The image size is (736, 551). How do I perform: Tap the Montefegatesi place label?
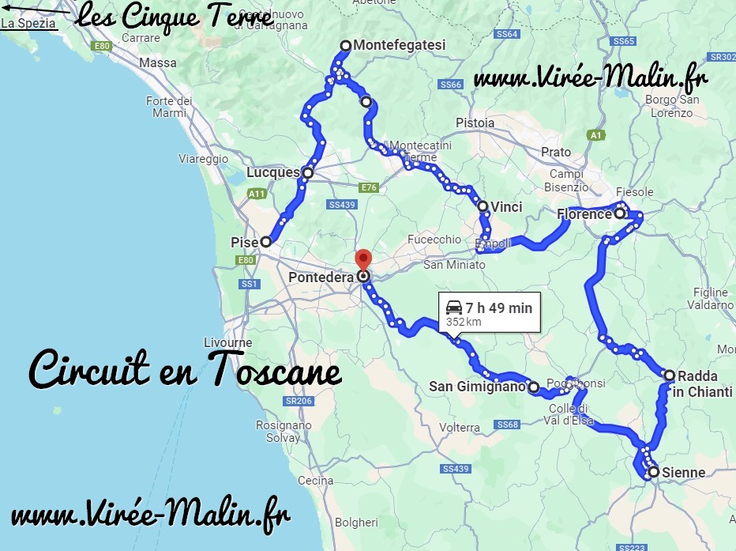[x=399, y=45]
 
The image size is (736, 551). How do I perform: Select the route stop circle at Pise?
[x=266, y=242]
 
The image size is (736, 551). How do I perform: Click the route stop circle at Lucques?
[x=307, y=173]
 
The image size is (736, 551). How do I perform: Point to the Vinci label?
[x=506, y=207]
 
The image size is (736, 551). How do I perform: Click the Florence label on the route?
[x=584, y=214]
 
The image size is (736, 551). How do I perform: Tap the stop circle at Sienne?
[x=654, y=473]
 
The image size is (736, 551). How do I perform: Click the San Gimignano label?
[x=477, y=387]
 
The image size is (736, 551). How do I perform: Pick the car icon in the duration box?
[x=454, y=308]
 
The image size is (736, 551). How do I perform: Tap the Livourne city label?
[x=227, y=342]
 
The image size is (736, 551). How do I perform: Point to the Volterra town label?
[x=460, y=428]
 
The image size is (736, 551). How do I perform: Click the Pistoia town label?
[x=475, y=123]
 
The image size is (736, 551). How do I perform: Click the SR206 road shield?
[x=299, y=402]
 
